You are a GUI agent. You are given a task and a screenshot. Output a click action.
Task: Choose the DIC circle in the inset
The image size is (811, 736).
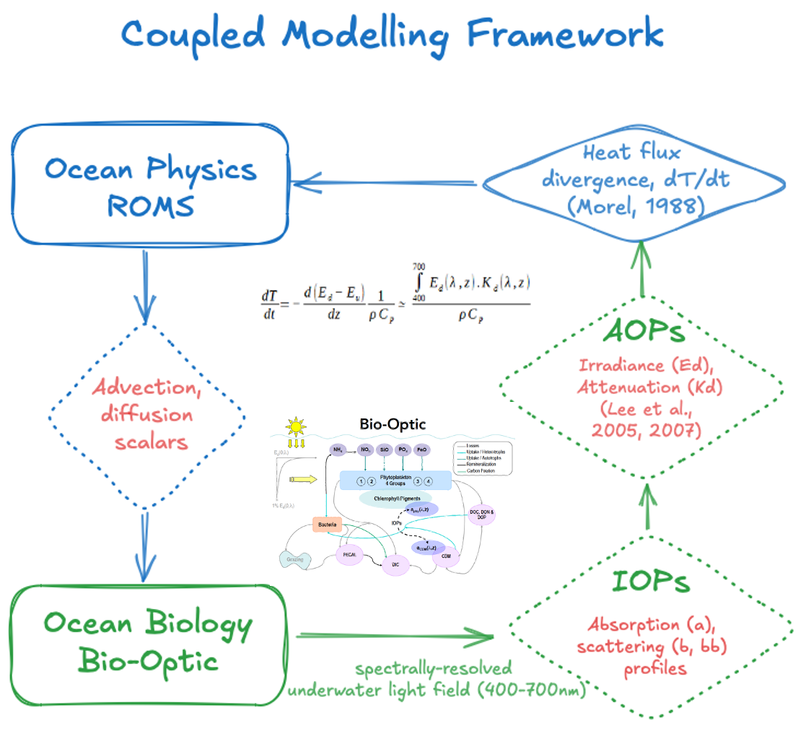[395, 563]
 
